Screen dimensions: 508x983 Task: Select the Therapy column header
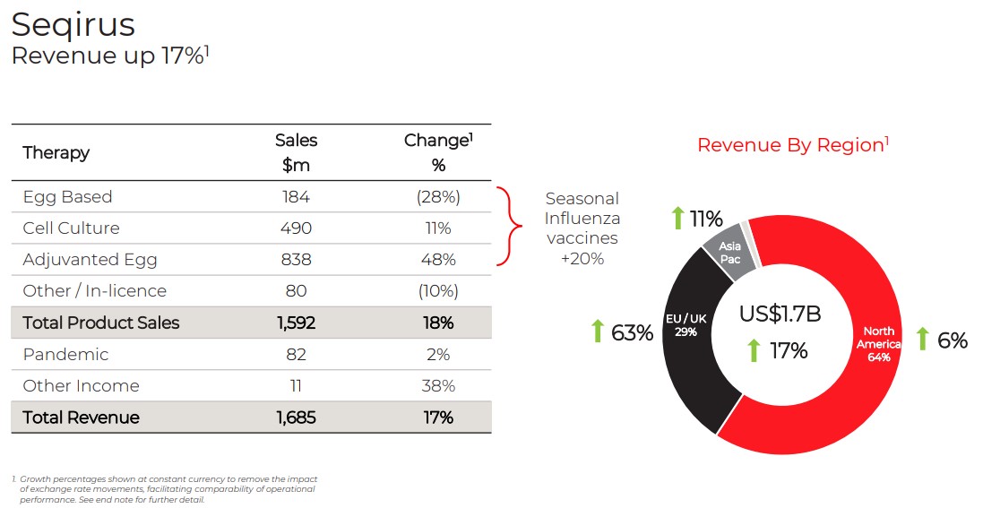56,152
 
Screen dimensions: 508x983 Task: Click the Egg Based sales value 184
296,197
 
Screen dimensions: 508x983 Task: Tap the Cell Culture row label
71,228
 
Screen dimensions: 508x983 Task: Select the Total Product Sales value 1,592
296,323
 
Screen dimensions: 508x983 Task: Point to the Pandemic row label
65,355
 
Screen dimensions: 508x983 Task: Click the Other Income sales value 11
296,386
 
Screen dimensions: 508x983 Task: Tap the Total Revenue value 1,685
296,418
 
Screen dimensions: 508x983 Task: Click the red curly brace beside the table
507,227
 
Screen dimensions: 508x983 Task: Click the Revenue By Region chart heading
792,145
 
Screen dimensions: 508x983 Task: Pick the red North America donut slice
860,394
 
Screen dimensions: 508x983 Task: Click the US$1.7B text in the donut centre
780,314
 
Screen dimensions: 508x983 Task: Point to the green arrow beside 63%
598,331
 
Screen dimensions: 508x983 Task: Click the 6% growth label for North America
952,340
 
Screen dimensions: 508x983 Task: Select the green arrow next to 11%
678,218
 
